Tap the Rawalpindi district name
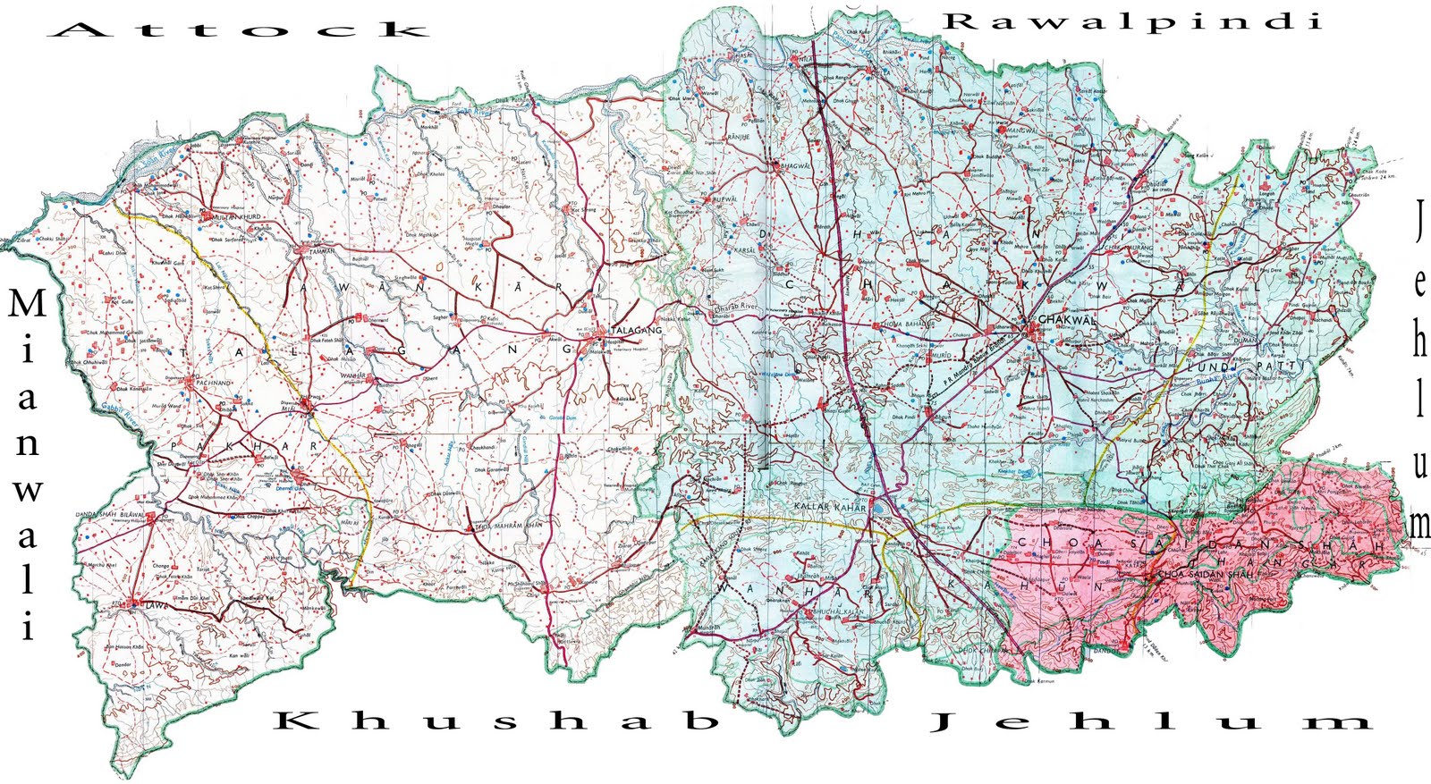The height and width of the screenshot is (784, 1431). click(x=1133, y=21)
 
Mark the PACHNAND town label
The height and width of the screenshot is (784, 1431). click(x=207, y=383)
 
